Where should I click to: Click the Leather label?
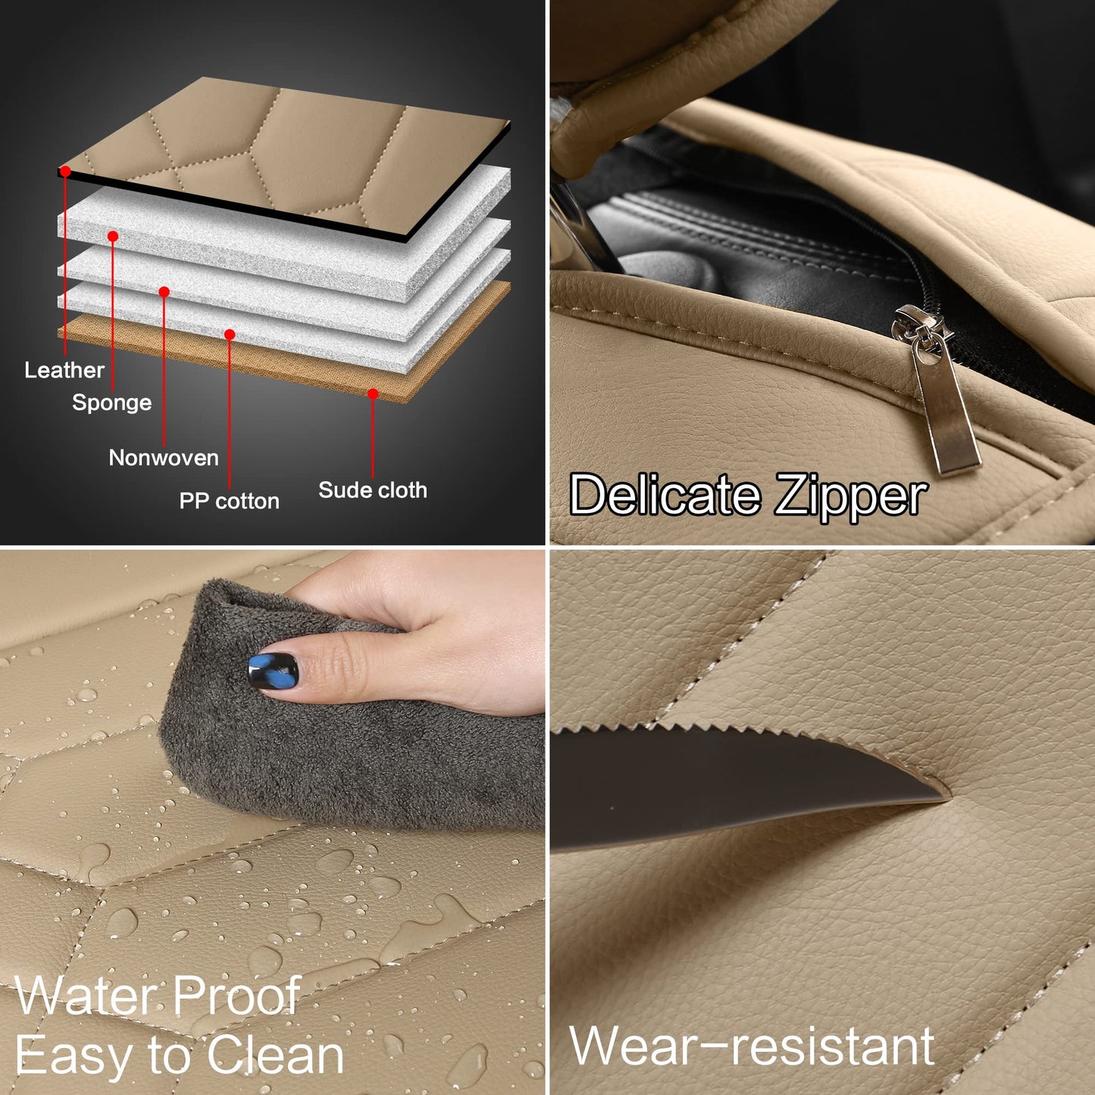pyautogui.click(x=64, y=370)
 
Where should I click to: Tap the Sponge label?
pyautogui.click(x=111, y=402)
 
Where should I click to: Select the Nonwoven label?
pyautogui.click(x=164, y=458)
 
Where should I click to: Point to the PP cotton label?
pyautogui.click(x=229, y=501)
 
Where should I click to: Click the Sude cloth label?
pyautogui.click(x=372, y=490)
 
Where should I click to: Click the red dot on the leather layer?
pyautogui.click(x=66, y=172)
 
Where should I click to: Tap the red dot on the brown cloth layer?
pyautogui.click(x=373, y=394)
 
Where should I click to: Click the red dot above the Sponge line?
pyautogui.click(x=113, y=236)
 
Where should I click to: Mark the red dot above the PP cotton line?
pyautogui.click(x=230, y=334)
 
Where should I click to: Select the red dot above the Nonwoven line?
pyautogui.click(x=164, y=292)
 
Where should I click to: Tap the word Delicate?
pyautogui.click(x=665, y=495)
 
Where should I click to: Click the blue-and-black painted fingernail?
pyautogui.click(x=273, y=671)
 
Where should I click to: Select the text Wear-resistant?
pyautogui.click(x=751, y=1047)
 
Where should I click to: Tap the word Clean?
pyautogui.click(x=274, y=1055)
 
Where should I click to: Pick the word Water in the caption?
pyautogui.click(x=87, y=996)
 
